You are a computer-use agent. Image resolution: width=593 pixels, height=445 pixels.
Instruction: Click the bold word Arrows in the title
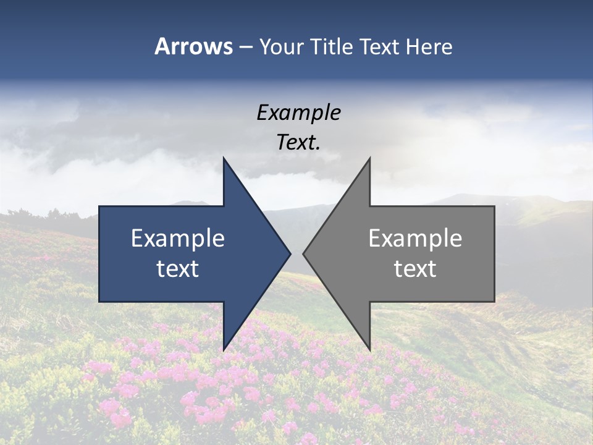coord(193,46)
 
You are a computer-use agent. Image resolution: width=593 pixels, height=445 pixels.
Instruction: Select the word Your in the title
coord(282,47)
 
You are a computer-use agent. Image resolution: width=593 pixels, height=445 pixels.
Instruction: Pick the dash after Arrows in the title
coord(245,47)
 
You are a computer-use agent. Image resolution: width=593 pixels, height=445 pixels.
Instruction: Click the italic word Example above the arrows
coord(298,113)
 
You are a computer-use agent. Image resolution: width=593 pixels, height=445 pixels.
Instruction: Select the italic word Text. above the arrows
coord(298,142)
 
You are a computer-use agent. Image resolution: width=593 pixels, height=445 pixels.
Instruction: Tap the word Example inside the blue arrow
coord(178,238)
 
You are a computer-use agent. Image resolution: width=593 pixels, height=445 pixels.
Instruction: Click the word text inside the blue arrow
coord(178,268)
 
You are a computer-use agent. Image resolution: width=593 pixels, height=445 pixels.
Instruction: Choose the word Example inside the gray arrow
coord(415,238)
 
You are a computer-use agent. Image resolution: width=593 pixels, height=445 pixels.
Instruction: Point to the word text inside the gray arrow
coord(415,268)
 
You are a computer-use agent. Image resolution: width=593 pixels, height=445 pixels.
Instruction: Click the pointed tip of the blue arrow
coord(290,253)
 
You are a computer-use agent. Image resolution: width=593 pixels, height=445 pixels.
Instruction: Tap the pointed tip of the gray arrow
coord(304,253)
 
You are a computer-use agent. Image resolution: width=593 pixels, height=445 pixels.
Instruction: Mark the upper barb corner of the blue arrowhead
coord(224,159)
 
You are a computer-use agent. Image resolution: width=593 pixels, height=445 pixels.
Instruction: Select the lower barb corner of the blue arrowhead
coord(224,349)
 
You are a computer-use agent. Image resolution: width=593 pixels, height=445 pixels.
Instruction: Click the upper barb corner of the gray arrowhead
coord(369,159)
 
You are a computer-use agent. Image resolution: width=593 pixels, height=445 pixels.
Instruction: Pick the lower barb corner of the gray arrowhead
coord(369,349)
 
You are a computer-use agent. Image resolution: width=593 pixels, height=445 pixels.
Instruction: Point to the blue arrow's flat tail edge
coord(99,253)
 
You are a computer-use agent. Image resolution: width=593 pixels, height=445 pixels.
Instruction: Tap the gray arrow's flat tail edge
coord(494,253)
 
